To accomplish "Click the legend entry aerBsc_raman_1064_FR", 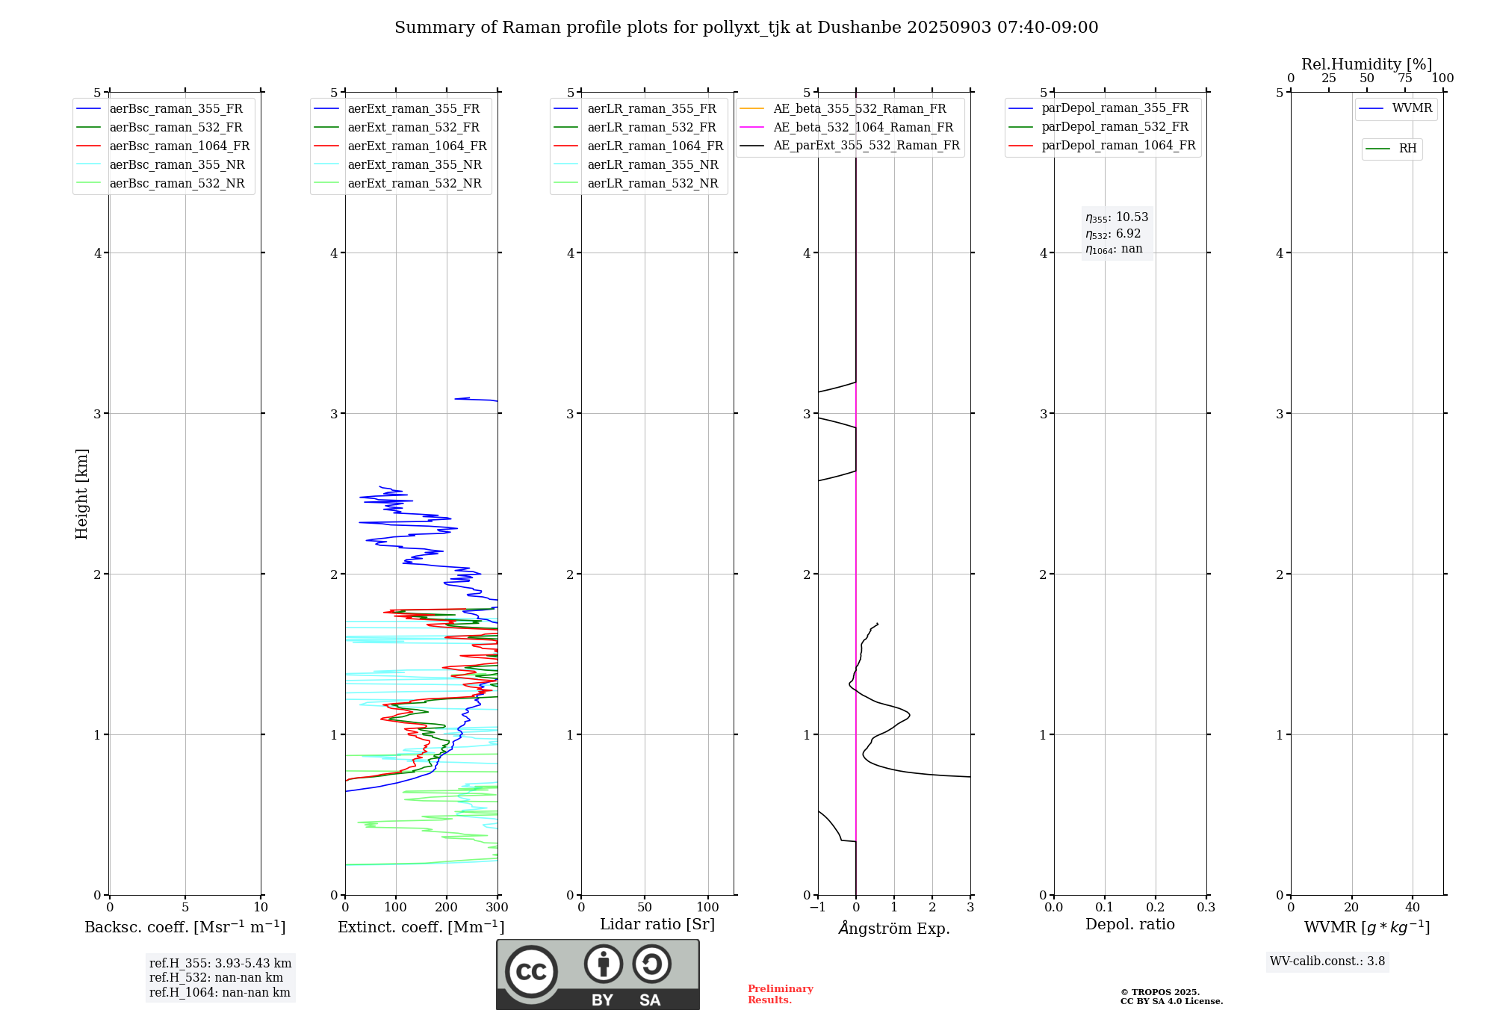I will (179, 146).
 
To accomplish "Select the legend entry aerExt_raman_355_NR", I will (415, 165).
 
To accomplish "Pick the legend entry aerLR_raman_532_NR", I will (652, 184).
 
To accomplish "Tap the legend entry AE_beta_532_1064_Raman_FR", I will (863, 128).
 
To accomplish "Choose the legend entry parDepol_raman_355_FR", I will (1115, 108).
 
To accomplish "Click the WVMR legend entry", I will (1412, 108).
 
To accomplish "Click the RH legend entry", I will (1407, 149).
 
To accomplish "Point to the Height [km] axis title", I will (81, 494).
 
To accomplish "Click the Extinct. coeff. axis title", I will (421, 927).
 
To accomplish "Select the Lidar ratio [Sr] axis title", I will (657, 924).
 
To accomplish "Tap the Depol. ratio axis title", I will (1130, 924).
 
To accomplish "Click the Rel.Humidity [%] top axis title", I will (1367, 64).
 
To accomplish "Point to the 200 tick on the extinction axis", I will (447, 908).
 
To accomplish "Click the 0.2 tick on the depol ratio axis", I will (1156, 908).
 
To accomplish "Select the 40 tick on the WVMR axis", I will (1413, 908).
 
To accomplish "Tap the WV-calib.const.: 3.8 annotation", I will (1327, 961).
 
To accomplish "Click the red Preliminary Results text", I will (780, 994).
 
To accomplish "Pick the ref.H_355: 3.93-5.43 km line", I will (220, 964).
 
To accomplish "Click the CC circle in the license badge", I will (531, 971).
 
